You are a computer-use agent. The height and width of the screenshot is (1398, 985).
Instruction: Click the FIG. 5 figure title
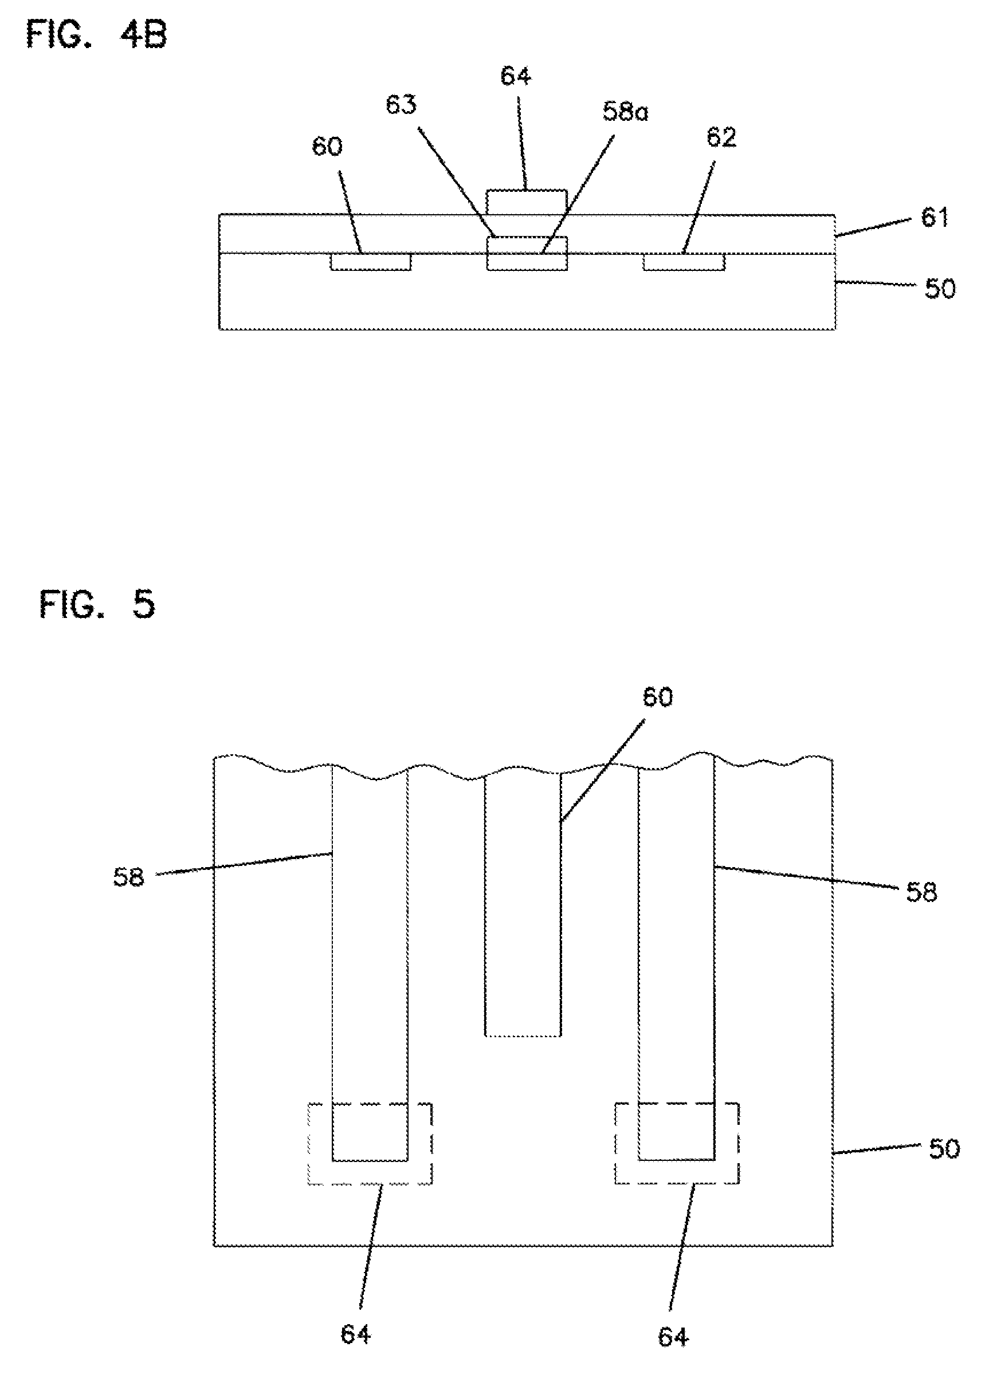[97, 605]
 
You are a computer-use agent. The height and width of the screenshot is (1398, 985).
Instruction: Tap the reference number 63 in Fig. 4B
[402, 105]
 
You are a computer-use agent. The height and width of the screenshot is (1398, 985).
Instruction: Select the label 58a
[626, 112]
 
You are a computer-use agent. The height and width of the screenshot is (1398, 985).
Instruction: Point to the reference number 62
[722, 137]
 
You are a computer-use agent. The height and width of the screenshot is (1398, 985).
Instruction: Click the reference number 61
[935, 218]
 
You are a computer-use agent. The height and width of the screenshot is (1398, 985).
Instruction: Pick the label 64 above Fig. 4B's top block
[516, 76]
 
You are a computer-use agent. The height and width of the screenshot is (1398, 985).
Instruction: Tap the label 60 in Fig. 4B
[328, 147]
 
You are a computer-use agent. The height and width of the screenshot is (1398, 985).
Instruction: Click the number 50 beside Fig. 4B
[940, 289]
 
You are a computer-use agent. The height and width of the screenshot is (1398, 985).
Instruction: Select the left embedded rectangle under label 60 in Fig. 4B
[371, 262]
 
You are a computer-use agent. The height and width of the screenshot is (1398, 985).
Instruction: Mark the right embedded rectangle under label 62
[684, 262]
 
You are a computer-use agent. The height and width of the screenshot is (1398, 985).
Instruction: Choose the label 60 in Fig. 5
[658, 698]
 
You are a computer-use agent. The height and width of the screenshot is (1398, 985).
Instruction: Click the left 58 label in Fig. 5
[128, 877]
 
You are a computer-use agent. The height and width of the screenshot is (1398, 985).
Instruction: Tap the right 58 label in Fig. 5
[921, 893]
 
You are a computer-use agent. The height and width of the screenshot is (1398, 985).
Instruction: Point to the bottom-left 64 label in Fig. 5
[356, 1334]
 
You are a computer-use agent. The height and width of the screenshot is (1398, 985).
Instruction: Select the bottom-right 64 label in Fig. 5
[674, 1338]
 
